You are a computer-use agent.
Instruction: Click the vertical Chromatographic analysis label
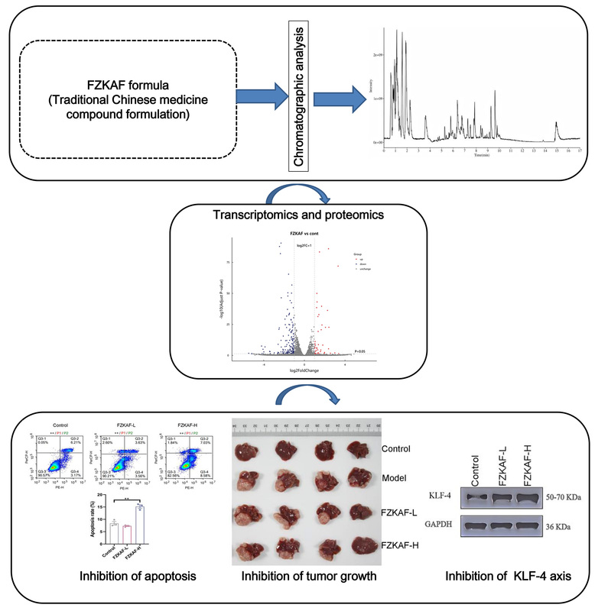pos(299,95)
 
